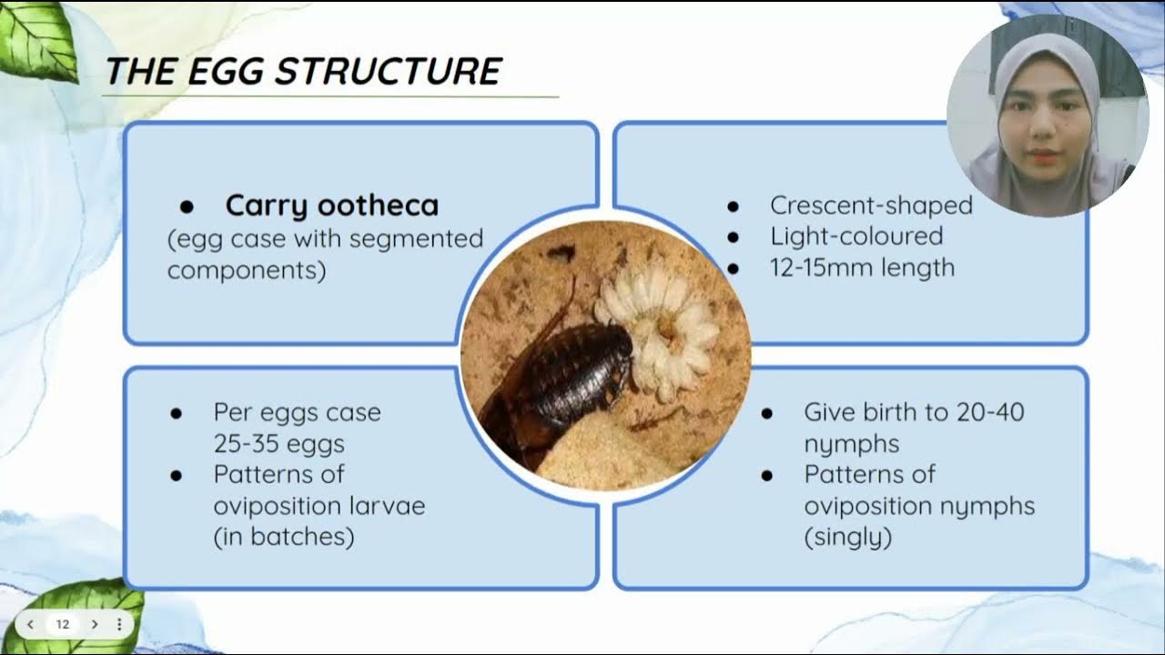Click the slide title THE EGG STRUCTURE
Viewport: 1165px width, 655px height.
tap(303, 72)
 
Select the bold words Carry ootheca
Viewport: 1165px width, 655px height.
tap(331, 206)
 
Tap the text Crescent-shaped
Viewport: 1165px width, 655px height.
tap(871, 206)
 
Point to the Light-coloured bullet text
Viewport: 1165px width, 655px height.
tap(856, 237)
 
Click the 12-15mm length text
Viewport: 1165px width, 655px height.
tap(862, 267)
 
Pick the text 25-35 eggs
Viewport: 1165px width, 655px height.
tap(279, 444)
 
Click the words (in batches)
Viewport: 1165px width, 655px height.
tap(283, 537)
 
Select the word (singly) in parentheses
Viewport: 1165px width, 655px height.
tap(847, 537)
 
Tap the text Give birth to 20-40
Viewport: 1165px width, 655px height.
tap(913, 412)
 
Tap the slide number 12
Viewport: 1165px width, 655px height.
tap(63, 624)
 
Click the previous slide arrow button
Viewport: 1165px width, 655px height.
tap(31, 624)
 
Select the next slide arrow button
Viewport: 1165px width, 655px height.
tap(94, 624)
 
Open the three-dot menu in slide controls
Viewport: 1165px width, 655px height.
tap(119, 624)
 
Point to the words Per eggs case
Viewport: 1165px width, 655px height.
tap(297, 412)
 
